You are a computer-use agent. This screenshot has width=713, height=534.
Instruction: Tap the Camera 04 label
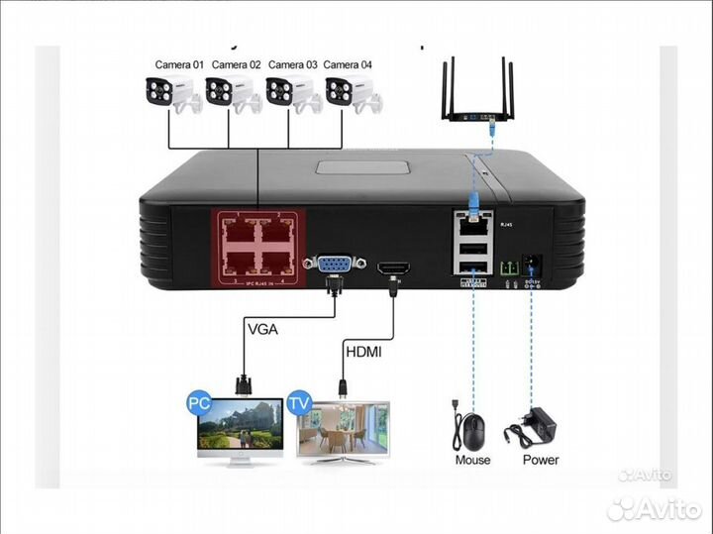click(x=349, y=65)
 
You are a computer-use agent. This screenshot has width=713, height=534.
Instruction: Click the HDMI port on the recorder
click(x=393, y=267)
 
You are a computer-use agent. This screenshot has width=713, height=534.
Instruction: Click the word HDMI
click(x=364, y=352)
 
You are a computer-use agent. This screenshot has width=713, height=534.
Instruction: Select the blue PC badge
click(x=196, y=404)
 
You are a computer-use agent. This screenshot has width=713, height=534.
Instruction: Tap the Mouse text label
click(x=472, y=461)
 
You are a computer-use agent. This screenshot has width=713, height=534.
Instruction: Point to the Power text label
click(x=540, y=461)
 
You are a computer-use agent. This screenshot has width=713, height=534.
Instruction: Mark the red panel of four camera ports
click(x=256, y=247)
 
